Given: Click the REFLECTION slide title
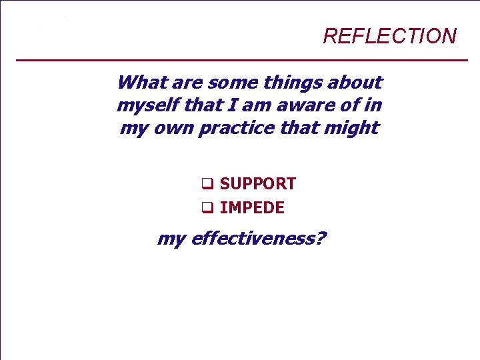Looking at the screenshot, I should click(x=389, y=36).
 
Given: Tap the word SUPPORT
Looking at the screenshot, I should click(x=257, y=184).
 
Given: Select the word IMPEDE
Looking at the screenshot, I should click(x=251, y=208).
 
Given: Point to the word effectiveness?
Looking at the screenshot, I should click(x=258, y=238).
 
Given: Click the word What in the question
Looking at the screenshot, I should click(x=142, y=83).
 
